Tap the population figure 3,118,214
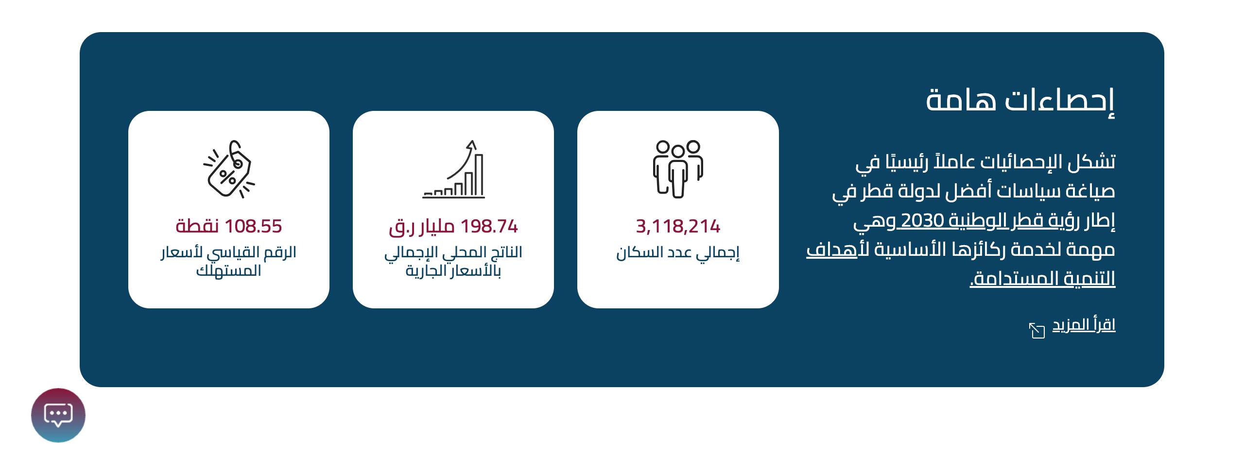(x=678, y=226)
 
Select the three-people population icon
(x=678, y=169)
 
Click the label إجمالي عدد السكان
(x=678, y=253)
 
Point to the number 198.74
(x=489, y=226)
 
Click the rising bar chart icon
(x=453, y=169)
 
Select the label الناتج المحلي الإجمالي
(x=453, y=253)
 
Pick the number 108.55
(x=253, y=226)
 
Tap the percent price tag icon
(x=229, y=169)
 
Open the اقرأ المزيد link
(x=1084, y=325)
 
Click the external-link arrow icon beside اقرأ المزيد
(x=1037, y=330)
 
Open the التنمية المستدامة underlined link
(x=1043, y=279)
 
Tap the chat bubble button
(x=58, y=415)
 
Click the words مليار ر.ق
(x=421, y=227)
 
